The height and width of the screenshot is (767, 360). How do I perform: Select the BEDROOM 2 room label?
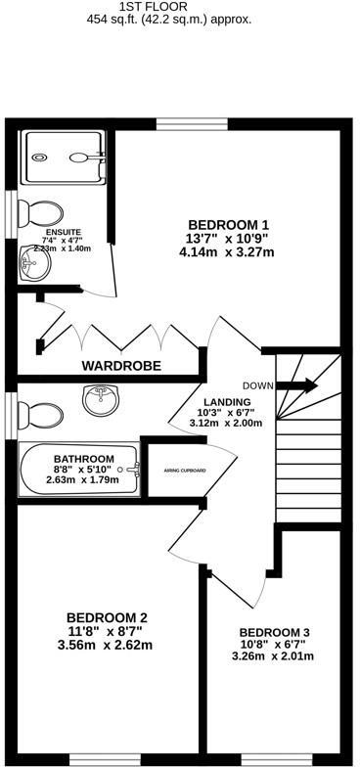tap(107, 617)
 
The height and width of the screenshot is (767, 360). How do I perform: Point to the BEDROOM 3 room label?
tap(276, 631)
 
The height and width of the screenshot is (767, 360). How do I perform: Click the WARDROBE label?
tap(121, 366)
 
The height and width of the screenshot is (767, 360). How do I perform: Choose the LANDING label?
tap(227, 402)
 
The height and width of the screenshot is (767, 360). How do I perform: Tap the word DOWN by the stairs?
tap(257, 384)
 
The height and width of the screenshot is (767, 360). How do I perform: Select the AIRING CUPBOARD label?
tap(185, 471)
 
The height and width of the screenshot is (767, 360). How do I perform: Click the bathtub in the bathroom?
tap(75, 472)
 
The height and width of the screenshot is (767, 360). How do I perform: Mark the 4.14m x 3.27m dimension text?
tap(226, 251)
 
